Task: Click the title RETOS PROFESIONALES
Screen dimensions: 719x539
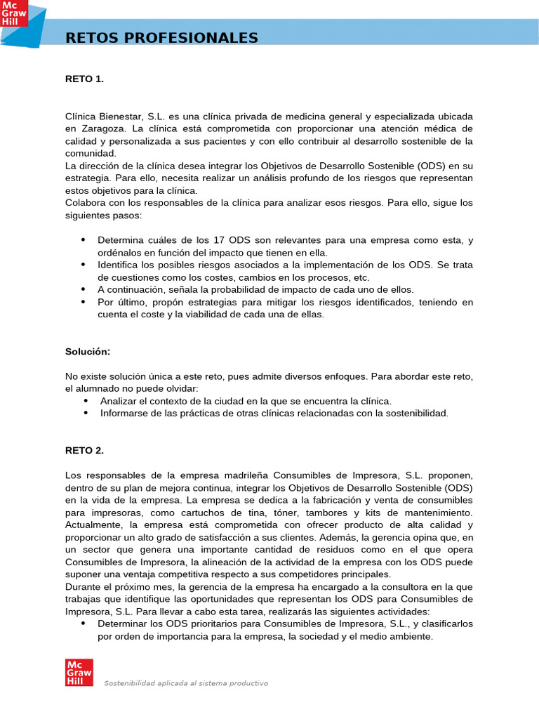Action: click(x=161, y=38)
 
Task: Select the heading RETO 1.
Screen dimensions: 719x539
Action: click(x=84, y=79)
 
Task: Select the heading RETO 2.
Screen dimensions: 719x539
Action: click(x=84, y=450)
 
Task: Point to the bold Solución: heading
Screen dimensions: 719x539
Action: click(x=88, y=351)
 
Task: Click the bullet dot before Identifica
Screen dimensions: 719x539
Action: click(x=83, y=265)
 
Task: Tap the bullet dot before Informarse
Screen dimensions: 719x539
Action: click(x=86, y=414)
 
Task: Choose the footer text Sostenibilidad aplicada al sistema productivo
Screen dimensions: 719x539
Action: click(x=186, y=683)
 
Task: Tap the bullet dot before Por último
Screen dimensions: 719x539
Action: click(x=83, y=302)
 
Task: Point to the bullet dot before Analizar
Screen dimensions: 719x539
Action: click(x=86, y=400)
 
